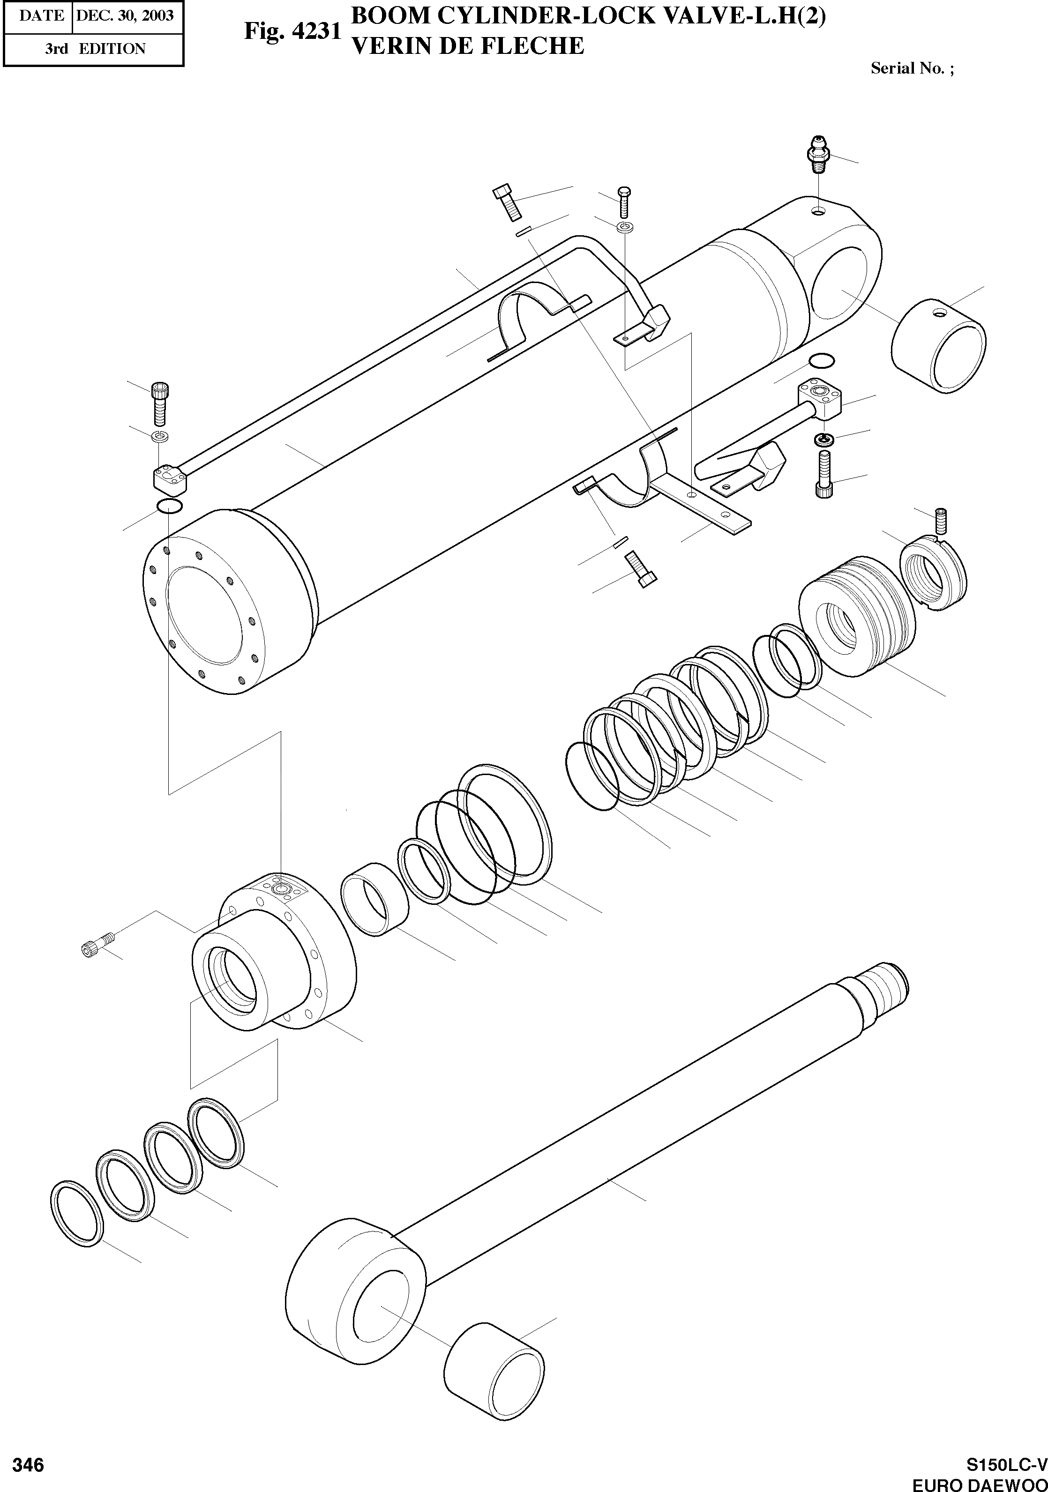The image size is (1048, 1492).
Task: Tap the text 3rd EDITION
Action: pos(95,49)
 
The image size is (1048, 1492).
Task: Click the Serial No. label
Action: pos(912,68)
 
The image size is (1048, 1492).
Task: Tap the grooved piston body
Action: pos(854,613)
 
